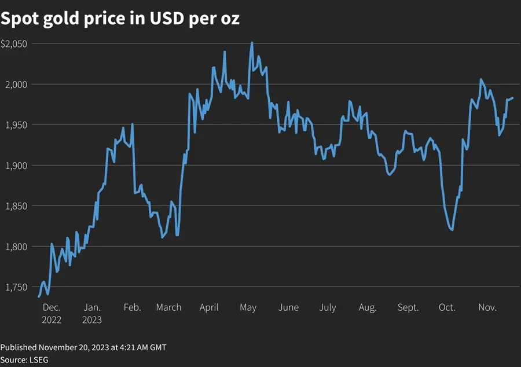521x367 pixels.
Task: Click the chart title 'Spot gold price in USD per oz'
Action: coord(120,19)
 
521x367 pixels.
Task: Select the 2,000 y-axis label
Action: coord(16,85)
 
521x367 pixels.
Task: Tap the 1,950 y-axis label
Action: coord(16,125)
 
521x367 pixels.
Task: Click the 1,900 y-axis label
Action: coord(16,166)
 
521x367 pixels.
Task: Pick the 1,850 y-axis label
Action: coord(16,206)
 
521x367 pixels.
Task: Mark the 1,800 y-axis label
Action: coord(16,247)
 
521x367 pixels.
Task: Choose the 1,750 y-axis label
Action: coord(16,287)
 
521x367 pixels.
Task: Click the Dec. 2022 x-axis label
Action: coord(52,313)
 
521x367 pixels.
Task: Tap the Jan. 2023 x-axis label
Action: coord(92,313)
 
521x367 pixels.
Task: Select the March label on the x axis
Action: coord(168,307)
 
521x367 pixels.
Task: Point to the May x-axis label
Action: coord(248,307)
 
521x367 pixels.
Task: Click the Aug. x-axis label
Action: coord(368,307)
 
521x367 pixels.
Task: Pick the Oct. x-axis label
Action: coord(447,307)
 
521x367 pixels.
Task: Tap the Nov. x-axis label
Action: coord(487,307)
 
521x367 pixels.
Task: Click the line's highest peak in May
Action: coord(252,42)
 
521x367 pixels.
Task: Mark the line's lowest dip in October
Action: coord(452,230)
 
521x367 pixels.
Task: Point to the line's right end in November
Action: coord(513,98)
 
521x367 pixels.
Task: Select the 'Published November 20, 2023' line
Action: coord(83,347)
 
